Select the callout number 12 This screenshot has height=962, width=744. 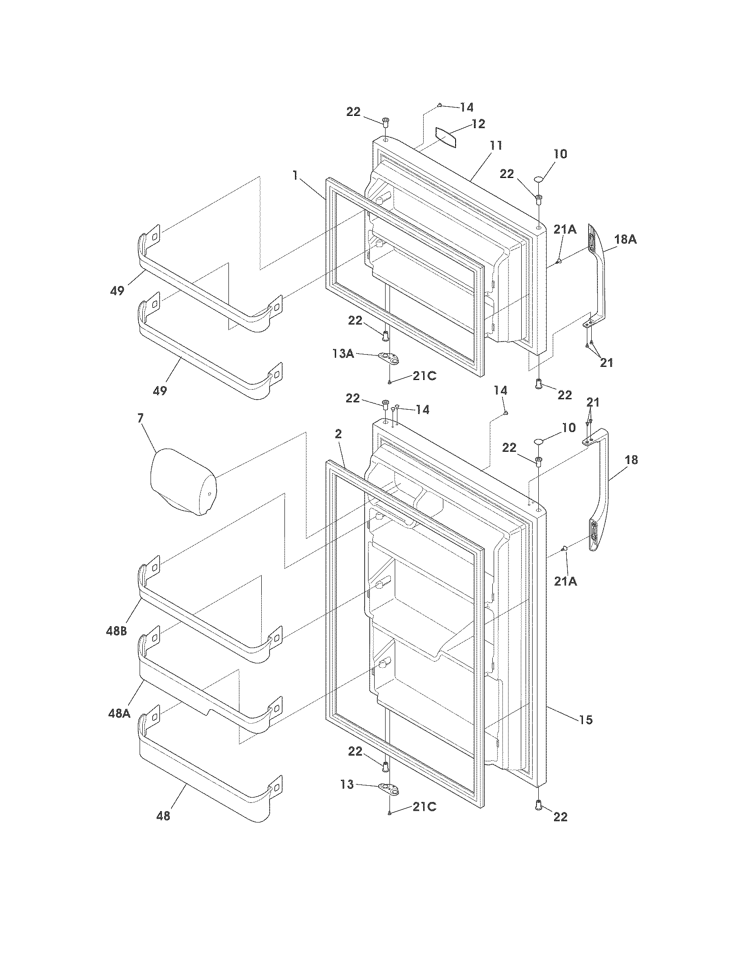[478, 124]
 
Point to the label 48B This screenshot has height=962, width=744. [116, 631]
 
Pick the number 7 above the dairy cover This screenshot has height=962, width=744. [140, 418]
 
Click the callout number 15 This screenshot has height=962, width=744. [586, 720]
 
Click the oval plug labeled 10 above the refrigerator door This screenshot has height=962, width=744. [540, 441]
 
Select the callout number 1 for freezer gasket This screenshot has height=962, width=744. [295, 176]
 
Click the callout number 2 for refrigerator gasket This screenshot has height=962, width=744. [338, 434]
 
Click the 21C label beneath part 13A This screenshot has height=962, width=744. [425, 376]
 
